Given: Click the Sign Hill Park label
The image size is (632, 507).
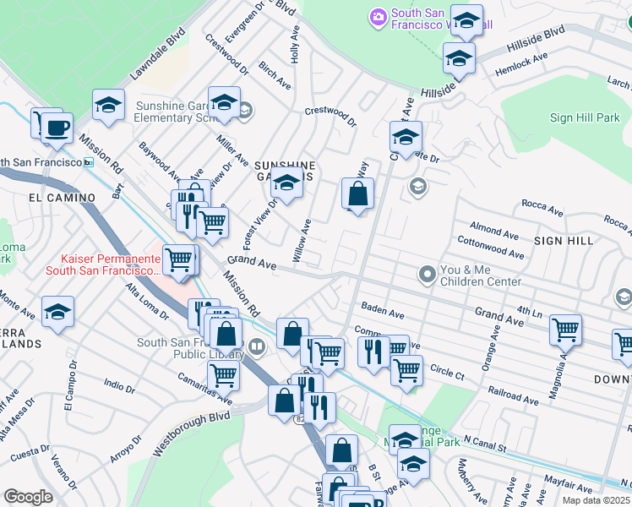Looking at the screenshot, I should click(585, 118).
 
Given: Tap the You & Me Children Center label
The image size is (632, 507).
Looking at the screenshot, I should click(480, 275).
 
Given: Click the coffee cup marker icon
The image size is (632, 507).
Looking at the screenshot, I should click(57, 128).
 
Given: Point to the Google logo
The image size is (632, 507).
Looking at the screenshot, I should click(28, 497).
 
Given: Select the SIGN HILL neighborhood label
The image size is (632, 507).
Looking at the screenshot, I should click(563, 241).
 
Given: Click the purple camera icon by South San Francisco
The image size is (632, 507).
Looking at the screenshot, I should click(378, 16).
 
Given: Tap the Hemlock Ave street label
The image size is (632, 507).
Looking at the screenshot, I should click(522, 63).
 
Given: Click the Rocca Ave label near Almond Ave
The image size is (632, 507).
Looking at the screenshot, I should click(542, 208).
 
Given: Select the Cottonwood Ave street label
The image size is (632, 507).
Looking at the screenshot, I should click(490, 252).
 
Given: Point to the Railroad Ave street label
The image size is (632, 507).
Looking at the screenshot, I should click(514, 393).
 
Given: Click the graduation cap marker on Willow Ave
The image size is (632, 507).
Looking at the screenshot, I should click(286, 184).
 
